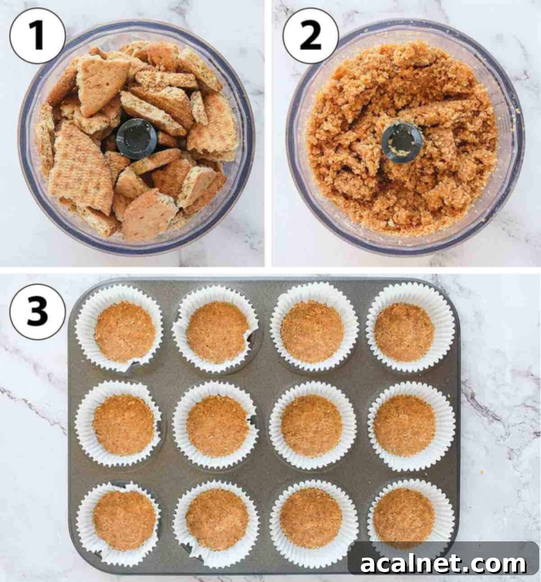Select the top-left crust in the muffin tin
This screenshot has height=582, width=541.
click(125, 332)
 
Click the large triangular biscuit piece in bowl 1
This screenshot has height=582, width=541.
click(81, 167)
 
